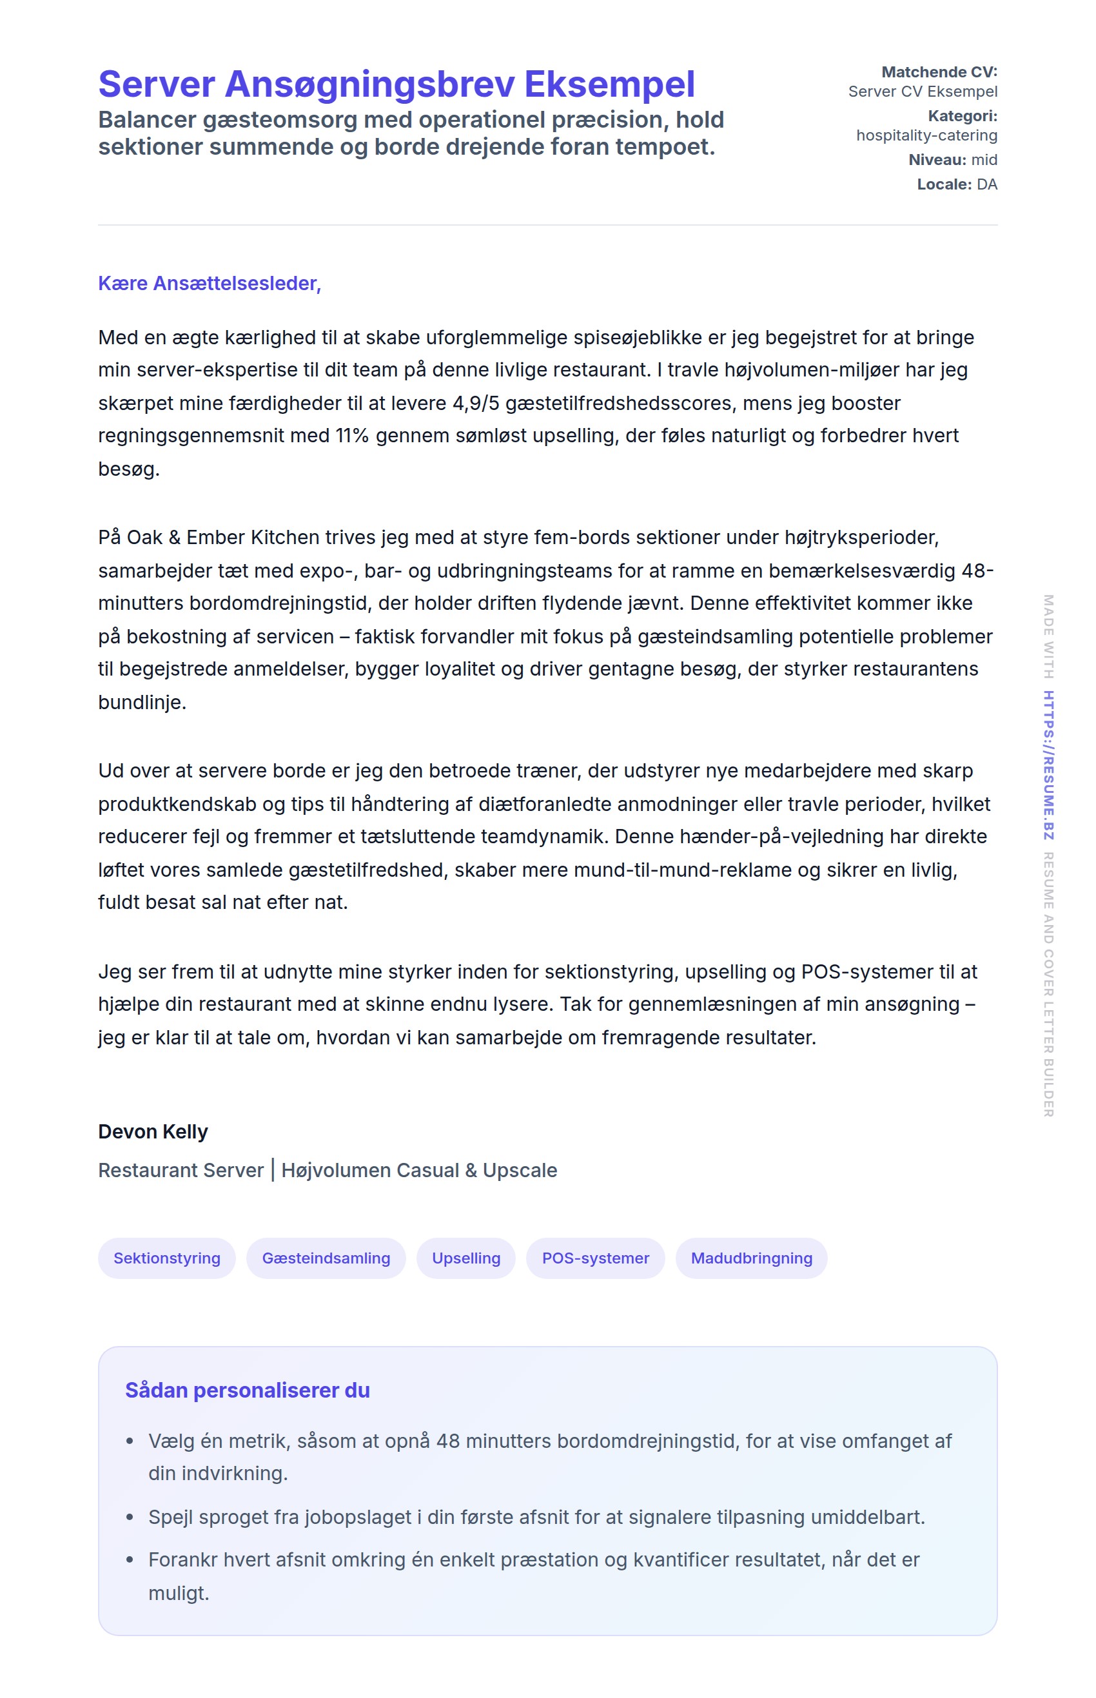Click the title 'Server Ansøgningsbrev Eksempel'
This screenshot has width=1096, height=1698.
click(x=396, y=84)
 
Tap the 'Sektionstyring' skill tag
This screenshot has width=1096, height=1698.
click(x=166, y=1258)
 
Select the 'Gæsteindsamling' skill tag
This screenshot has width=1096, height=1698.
click(x=326, y=1258)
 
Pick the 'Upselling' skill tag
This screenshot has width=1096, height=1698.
click(x=466, y=1258)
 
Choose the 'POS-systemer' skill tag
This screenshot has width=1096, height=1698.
click(x=595, y=1258)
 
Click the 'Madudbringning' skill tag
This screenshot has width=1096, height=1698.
click(x=751, y=1258)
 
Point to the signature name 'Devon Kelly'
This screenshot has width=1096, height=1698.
click(x=153, y=1131)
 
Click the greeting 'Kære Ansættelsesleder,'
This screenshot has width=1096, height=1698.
click(x=210, y=283)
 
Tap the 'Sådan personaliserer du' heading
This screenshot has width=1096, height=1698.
click(x=247, y=1390)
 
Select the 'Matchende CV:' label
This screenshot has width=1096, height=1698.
click(x=939, y=72)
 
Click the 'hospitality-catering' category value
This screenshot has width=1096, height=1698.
click(x=926, y=135)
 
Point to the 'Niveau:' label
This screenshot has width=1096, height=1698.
click(x=937, y=159)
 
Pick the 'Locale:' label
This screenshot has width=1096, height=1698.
click(x=944, y=184)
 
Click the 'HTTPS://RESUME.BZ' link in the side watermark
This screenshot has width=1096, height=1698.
click(x=1048, y=765)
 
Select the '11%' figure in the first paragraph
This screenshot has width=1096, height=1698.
click(x=351, y=436)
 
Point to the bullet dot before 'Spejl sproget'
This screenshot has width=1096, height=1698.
click(x=130, y=1517)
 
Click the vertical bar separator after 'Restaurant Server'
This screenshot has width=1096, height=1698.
click(x=273, y=1170)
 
